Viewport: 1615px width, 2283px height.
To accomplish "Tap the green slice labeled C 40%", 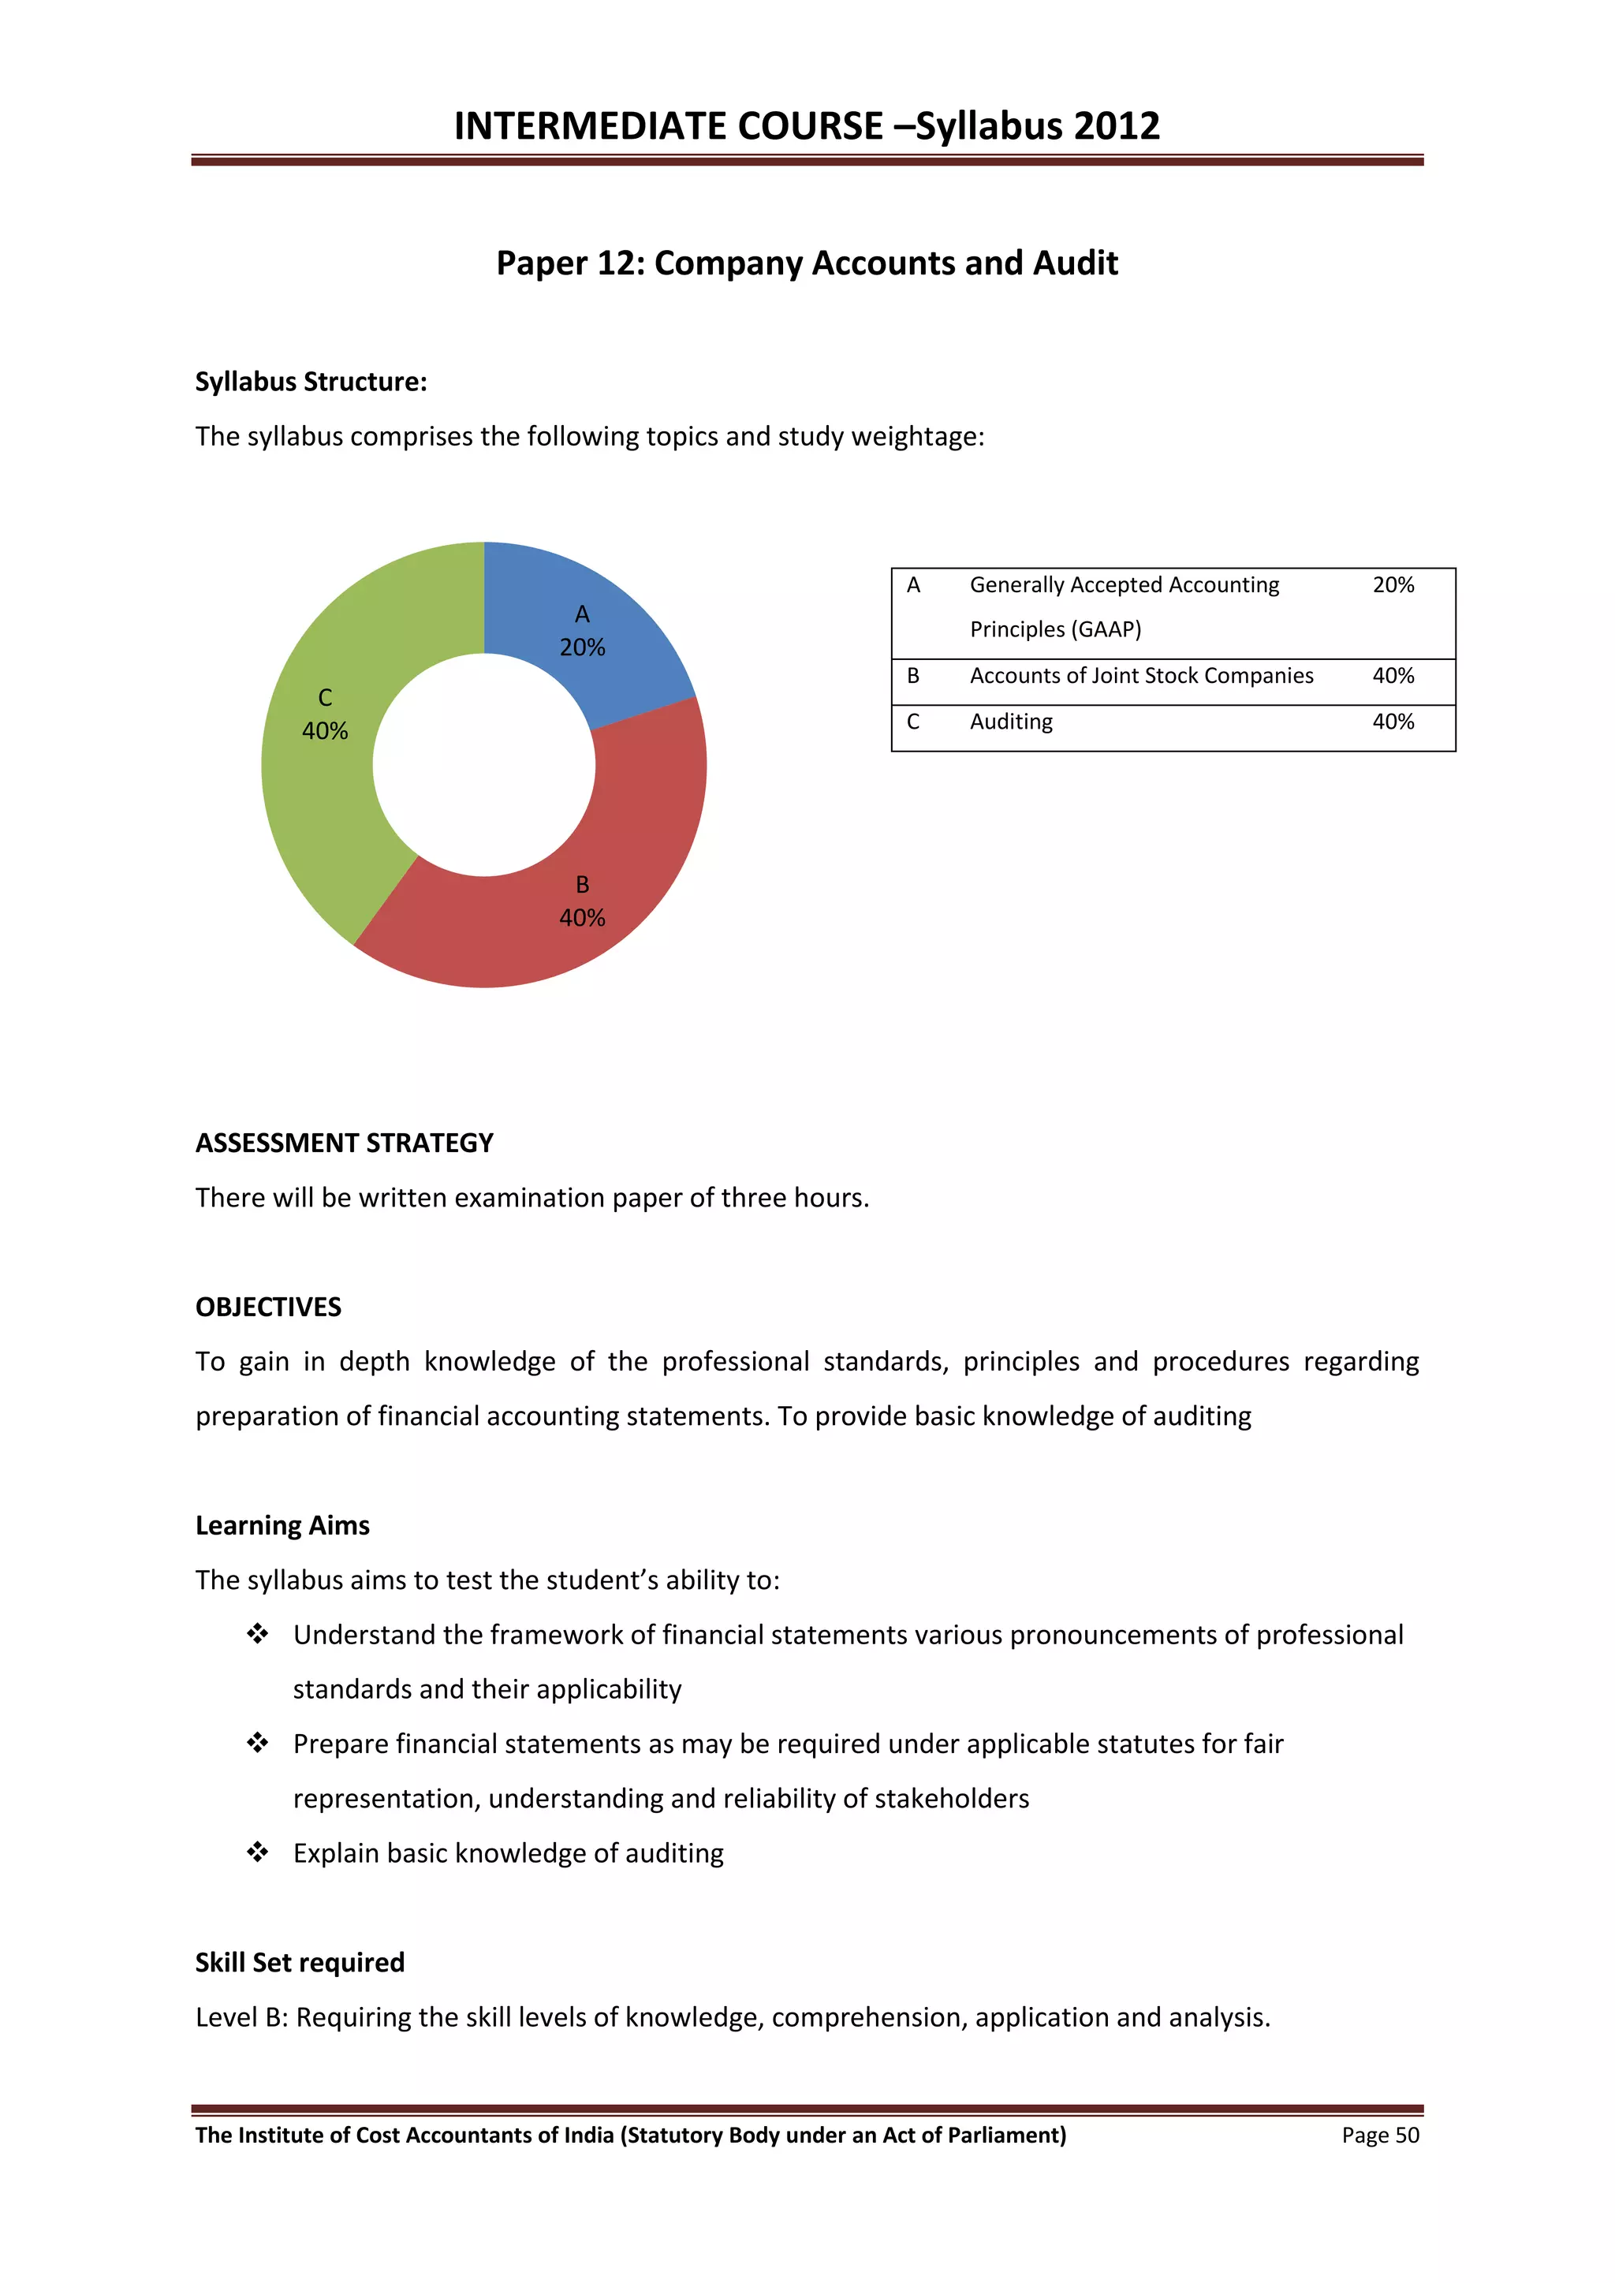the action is pyautogui.click(x=324, y=714).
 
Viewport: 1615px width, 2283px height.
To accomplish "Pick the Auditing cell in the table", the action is pyautogui.click(x=1010, y=722).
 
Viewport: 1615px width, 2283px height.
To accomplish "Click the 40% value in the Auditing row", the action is pyautogui.click(x=1393, y=722).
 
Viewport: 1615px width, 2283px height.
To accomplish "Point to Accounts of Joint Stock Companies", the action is pyautogui.click(x=1140, y=676).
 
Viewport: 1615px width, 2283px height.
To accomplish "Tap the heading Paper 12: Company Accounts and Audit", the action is pyautogui.click(x=807, y=263).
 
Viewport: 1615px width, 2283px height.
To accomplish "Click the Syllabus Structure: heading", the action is pyautogui.click(x=310, y=382).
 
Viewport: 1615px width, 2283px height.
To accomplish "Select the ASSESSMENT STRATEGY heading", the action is pyautogui.click(x=344, y=1143).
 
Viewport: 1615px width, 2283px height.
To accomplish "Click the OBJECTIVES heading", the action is pyautogui.click(x=267, y=1307).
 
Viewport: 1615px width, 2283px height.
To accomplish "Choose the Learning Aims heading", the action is pyautogui.click(x=282, y=1525).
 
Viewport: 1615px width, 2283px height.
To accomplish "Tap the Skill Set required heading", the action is pyautogui.click(x=300, y=1962).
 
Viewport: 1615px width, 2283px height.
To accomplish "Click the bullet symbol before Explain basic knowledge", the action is pyautogui.click(x=258, y=1852).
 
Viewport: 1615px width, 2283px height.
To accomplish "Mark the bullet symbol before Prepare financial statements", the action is pyautogui.click(x=258, y=1742).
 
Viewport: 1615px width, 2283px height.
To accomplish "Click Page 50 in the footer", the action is pyautogui.click(x=1379, y=2135).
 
